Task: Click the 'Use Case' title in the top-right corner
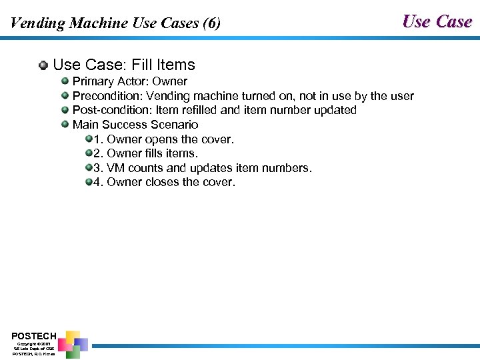pos(437,21)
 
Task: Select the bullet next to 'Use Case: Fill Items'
pos(43,65)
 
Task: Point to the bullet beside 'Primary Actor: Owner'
pos(65,81)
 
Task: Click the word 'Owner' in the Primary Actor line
pos(170,81)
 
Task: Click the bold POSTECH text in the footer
pos(34,335)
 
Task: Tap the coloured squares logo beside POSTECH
pos(73,344)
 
